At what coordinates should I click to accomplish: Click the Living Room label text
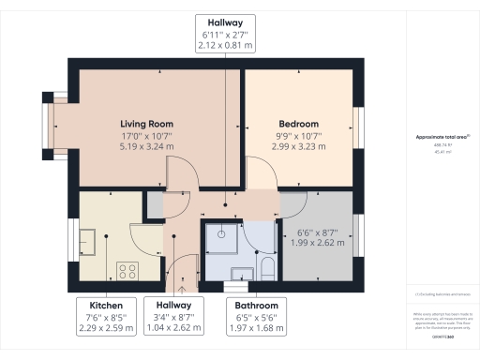pos(147,124)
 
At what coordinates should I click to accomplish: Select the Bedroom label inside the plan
pos(298,124)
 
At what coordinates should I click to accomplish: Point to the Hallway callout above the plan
pos(225,32)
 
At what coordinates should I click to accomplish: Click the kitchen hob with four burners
pos(127,271)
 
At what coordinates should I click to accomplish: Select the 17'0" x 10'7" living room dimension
pos(147,135)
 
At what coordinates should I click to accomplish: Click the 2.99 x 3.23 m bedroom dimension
pos(298,146)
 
